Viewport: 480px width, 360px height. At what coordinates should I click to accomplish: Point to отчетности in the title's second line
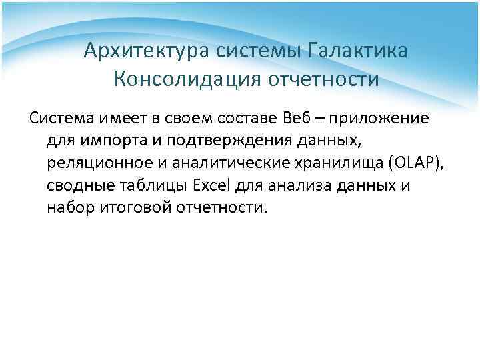[x=323, y=80]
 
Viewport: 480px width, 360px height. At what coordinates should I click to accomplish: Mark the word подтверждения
[x=221, y=141]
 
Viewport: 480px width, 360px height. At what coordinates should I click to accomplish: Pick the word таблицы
[x=145, y=185]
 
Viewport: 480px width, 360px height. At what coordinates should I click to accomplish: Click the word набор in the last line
[x=69, y=207]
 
